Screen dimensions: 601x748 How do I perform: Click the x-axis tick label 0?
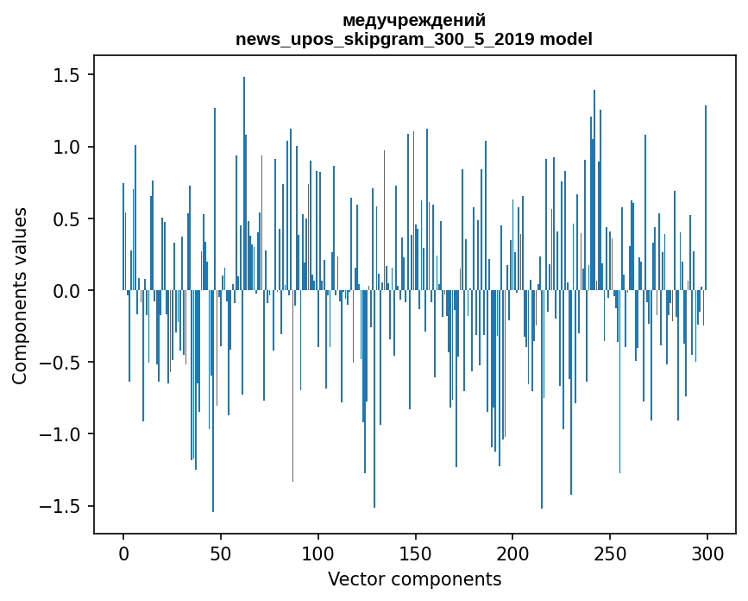click(123, 554)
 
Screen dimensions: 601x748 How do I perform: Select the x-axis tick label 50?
click(221, 554)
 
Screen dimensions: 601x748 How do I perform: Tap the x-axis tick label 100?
click(318, 554)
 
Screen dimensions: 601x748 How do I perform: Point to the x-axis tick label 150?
click(415, 554)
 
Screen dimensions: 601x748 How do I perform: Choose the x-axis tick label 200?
click(512, 554)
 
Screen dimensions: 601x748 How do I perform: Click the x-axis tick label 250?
click(610, 554)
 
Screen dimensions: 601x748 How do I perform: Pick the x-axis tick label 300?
click(707, 554)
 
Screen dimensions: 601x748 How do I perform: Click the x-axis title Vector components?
click(414, 579)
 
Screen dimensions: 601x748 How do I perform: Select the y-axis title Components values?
click(20, 295)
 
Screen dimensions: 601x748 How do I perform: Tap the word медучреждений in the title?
click(414, 20)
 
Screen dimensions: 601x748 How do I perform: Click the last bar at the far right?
click(706, 199)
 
